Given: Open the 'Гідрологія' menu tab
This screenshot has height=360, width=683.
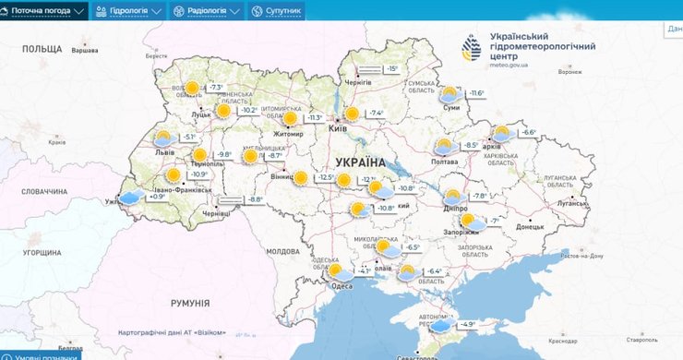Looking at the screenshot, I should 129,10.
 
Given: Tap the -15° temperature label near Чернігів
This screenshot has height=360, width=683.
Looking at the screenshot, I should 391,69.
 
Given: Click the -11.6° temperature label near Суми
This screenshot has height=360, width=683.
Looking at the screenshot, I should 476,93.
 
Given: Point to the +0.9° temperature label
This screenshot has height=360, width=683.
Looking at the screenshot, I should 157,197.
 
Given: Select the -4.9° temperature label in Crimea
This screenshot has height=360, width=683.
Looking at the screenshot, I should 468,324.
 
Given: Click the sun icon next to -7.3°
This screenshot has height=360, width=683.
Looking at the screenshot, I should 192,89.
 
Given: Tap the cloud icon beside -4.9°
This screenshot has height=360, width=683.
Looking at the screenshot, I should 441,324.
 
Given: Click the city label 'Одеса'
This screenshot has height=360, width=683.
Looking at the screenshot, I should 341,286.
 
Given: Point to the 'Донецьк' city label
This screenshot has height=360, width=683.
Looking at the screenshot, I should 530,225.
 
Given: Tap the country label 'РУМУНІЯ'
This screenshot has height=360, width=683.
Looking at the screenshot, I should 190,303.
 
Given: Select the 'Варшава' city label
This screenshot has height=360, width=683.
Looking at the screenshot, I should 84,50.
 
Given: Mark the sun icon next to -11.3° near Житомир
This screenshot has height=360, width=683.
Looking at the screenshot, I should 290,118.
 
